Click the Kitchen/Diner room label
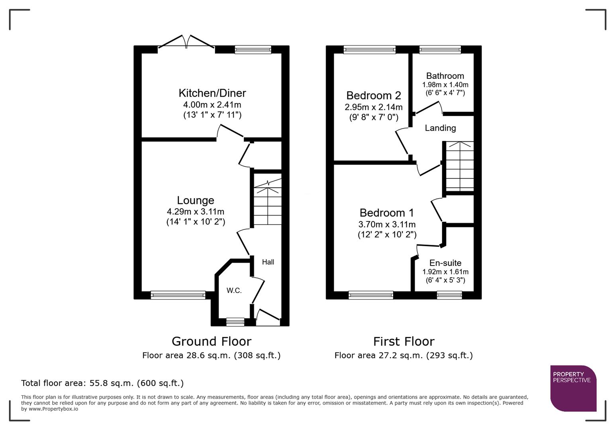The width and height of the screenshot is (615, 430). click(x=212, y=93)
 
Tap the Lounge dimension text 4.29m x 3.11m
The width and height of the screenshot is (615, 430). click(x=196, y=212)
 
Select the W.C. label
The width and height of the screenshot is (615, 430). click(x=234, y=291)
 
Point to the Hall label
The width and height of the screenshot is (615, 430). click(x=268, y=262)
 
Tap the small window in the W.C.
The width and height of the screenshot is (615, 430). click(x=235, y=322)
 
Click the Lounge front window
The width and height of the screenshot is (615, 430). click(x=178, y=295)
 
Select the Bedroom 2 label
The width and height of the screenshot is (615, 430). click(x=373, y=96)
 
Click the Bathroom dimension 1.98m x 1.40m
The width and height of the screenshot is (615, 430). click(x=445, y=85)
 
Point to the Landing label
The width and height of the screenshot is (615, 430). click(x=440, y=128)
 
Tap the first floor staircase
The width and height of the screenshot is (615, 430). click(x=460, y=166)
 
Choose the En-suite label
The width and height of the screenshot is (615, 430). click(x=445, y=263)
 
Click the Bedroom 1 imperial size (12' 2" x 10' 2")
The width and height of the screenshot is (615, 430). click(x=387, y=235)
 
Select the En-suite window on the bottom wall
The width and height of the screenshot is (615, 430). click(x=449, y=295)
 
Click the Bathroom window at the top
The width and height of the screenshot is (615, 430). click(x=440, y=50)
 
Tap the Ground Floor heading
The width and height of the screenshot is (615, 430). click(x=211, y=341)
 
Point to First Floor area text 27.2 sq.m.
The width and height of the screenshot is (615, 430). click(x=403, y=355)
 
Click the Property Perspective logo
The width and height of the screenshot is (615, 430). click(x=573, y=388)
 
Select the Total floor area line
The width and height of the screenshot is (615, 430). click(x=102, y=383)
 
